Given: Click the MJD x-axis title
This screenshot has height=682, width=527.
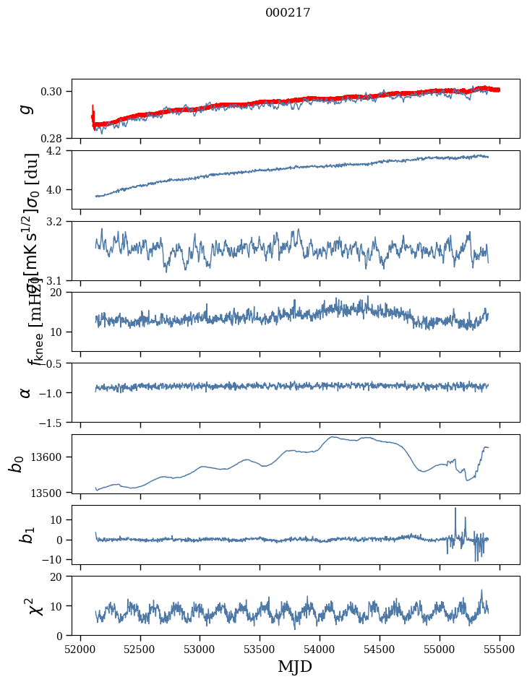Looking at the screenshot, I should coord(295,666).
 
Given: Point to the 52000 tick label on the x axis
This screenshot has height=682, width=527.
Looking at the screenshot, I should coord(80,648).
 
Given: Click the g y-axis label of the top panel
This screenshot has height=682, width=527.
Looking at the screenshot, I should coord(26,108).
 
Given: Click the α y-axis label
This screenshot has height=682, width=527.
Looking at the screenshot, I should coord(25,392).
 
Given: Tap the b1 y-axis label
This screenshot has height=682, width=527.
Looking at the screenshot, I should coord(26,535).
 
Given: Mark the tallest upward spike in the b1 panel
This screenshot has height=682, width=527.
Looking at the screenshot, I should coord(455,509).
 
